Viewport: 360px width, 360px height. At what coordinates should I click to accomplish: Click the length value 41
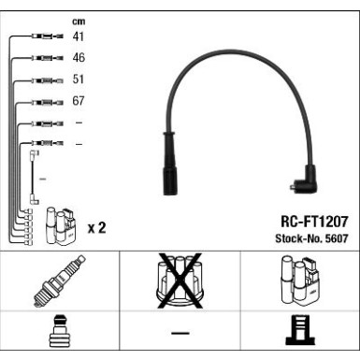tap(79, 36)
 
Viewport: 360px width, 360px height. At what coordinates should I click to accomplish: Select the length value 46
tap(79, 57)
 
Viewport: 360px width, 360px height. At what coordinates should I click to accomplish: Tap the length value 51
tap(79, 79)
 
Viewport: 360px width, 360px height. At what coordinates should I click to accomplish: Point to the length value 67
tap(79, 101)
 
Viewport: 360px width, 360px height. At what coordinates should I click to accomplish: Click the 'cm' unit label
tap(79, 22)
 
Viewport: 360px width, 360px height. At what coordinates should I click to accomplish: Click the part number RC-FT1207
tap(314, 222)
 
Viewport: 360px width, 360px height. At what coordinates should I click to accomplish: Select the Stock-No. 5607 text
tap(311, 238)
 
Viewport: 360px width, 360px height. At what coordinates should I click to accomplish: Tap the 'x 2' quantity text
tap(97, 228)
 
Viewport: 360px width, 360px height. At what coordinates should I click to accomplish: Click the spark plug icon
tap(60, 281)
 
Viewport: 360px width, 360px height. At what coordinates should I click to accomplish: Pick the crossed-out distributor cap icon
tap(180, 281)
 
